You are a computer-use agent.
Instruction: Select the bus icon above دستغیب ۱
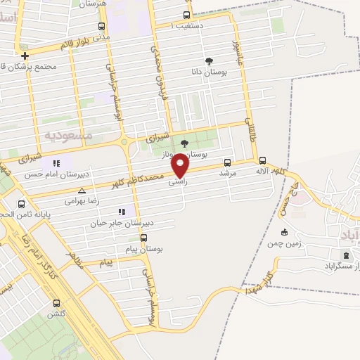[186, 15]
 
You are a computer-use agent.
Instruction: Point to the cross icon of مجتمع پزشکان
[25, 56]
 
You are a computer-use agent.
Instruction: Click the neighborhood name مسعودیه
[68, 134]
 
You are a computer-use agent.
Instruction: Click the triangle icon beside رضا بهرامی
[82, 191]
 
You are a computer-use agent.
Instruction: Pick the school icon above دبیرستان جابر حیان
[122, 211]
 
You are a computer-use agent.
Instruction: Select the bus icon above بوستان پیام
[144, 238]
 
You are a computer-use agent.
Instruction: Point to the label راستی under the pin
[177, 181]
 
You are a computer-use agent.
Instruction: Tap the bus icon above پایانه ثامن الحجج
[21, 204]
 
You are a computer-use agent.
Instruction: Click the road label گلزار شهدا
[259, 279]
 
